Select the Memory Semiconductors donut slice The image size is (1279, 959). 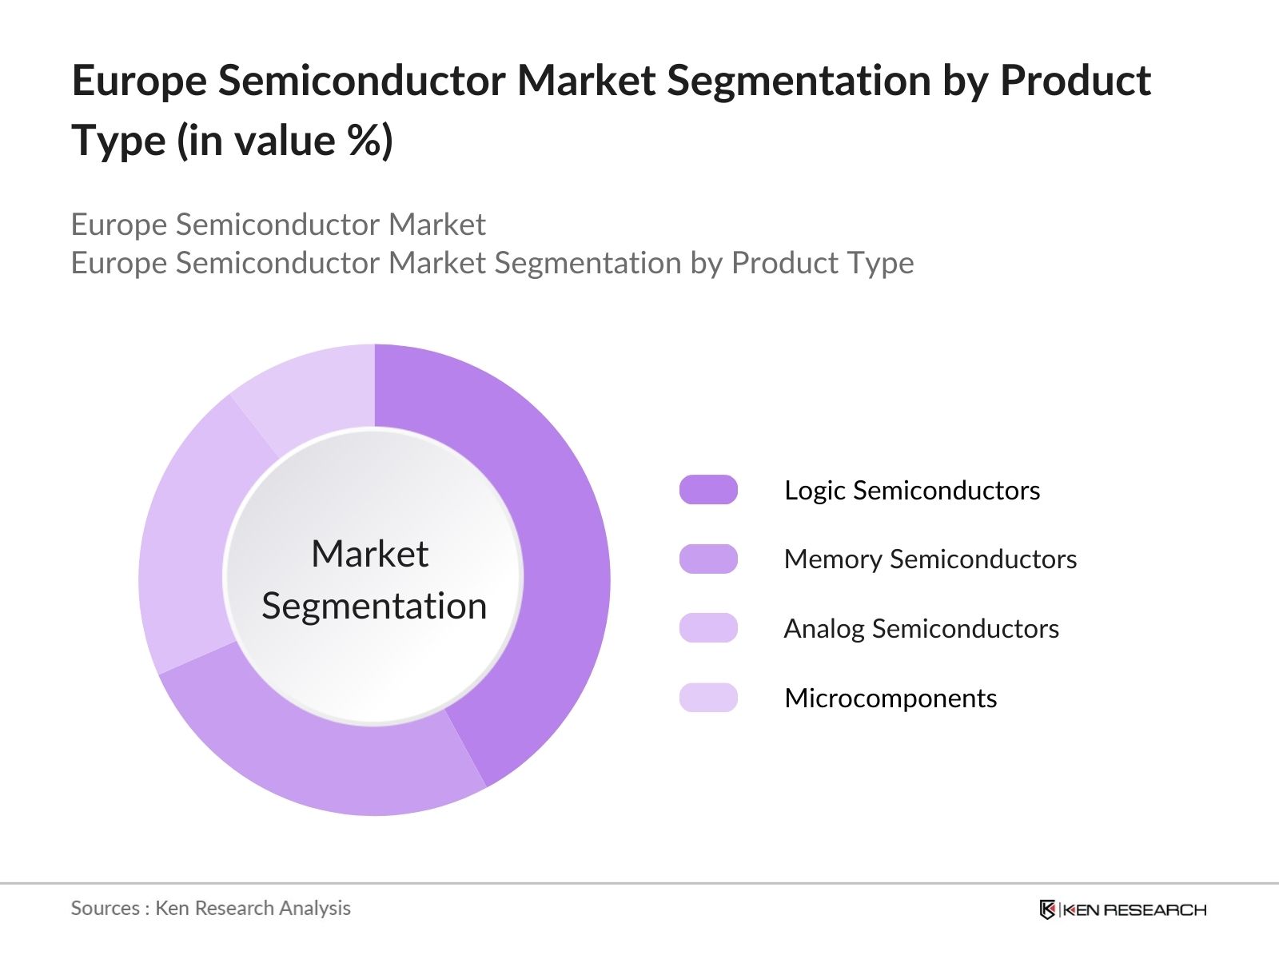pos(320,759)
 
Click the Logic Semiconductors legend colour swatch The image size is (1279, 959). pos(708,490)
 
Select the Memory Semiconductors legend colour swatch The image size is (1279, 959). pos(708,559)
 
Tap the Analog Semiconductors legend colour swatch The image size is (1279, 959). pos(708,628)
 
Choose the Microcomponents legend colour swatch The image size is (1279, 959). pos(708,698)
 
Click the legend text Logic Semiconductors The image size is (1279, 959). pos(912,490)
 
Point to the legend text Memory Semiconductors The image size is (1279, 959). pos(930,559)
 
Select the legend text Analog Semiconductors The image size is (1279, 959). pos(921,629)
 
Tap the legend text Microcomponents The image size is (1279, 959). pos(891,698)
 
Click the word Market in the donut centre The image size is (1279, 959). pos(369,554)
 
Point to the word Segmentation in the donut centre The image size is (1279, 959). pos(374,606)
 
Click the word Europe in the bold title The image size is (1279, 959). pos(138,82)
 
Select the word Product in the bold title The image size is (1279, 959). pos(1075,82)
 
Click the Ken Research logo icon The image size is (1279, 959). pos(1047,909)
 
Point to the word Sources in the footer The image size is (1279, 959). pos(105,909)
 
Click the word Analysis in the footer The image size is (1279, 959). pos(319,909)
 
